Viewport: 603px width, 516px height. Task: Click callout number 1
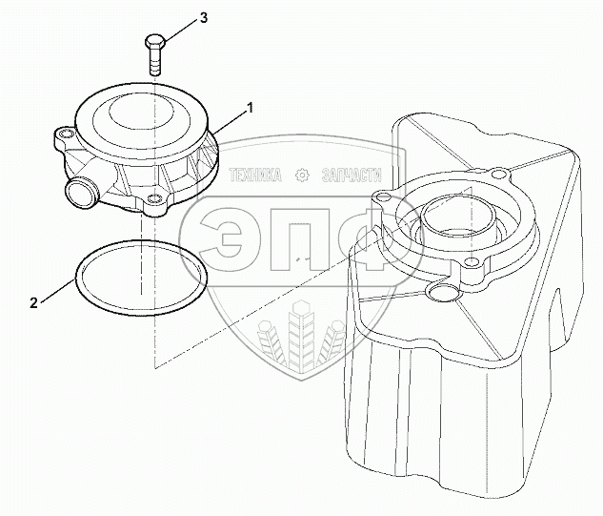250,109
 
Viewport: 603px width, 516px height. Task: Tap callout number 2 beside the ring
33,303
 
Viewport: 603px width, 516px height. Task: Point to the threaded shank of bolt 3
155,62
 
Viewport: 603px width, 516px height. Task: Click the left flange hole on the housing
382,200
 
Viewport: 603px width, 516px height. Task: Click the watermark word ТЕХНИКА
254,175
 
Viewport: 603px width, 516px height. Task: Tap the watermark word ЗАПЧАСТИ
352,175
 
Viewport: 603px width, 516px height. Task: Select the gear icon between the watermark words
302,175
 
